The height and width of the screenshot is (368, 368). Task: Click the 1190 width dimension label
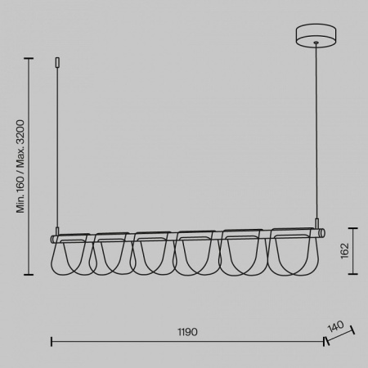(x=187, y=332)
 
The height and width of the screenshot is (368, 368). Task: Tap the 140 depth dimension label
(x=335, y=326)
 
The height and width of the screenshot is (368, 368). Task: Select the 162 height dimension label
(x=344, y=250)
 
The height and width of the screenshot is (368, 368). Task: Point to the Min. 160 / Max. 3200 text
(x=20, y=166)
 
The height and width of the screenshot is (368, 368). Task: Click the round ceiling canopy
(x=316, y=35)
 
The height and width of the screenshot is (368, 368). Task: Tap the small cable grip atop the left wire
(x=57, y=62)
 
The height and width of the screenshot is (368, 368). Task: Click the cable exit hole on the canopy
(x=316, y=43)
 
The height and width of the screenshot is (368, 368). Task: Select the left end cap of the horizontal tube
(x=52, y=239)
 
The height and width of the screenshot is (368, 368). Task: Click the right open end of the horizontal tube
(x=323, y=234)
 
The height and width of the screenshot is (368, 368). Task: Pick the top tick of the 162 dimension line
(x=353, y=228)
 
